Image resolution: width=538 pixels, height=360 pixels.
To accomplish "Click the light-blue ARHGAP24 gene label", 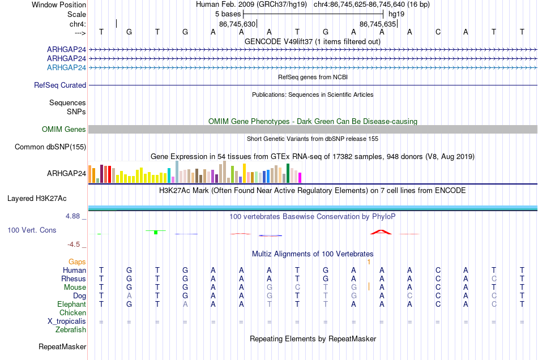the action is (x=66, y=67).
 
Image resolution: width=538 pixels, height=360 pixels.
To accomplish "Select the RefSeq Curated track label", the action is (x=60, y=85).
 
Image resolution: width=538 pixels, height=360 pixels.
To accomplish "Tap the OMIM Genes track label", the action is (x=64, y=129).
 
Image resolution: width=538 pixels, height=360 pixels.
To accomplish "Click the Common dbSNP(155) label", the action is (x=50, y=147).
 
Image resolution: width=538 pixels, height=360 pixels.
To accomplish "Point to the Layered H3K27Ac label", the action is (x=37, y=199).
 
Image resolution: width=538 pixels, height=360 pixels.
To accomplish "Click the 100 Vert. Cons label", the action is (x=32, y=230).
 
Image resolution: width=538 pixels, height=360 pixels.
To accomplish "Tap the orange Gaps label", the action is (x=77, y=262).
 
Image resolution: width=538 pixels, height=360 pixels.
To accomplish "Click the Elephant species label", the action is (x=72, y=304).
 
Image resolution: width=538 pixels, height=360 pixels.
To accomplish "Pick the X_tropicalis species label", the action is (x=67, y=322).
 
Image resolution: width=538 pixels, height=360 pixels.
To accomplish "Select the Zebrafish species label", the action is (x=71, y=329).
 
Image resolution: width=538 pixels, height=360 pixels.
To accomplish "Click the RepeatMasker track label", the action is (x=62, y=346).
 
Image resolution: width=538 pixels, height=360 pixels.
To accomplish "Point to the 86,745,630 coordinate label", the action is (x=237, y=24).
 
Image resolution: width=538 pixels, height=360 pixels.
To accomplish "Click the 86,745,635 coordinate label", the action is (x=378, y=24).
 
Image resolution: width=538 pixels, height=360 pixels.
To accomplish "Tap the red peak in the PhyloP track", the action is (x=381, y=232).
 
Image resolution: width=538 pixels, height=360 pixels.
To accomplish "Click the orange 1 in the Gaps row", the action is (x=369, y=262).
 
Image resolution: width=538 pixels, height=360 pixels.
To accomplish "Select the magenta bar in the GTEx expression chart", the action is (x=300, y=178).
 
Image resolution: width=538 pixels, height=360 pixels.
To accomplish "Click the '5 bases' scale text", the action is (x=228, y=14).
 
